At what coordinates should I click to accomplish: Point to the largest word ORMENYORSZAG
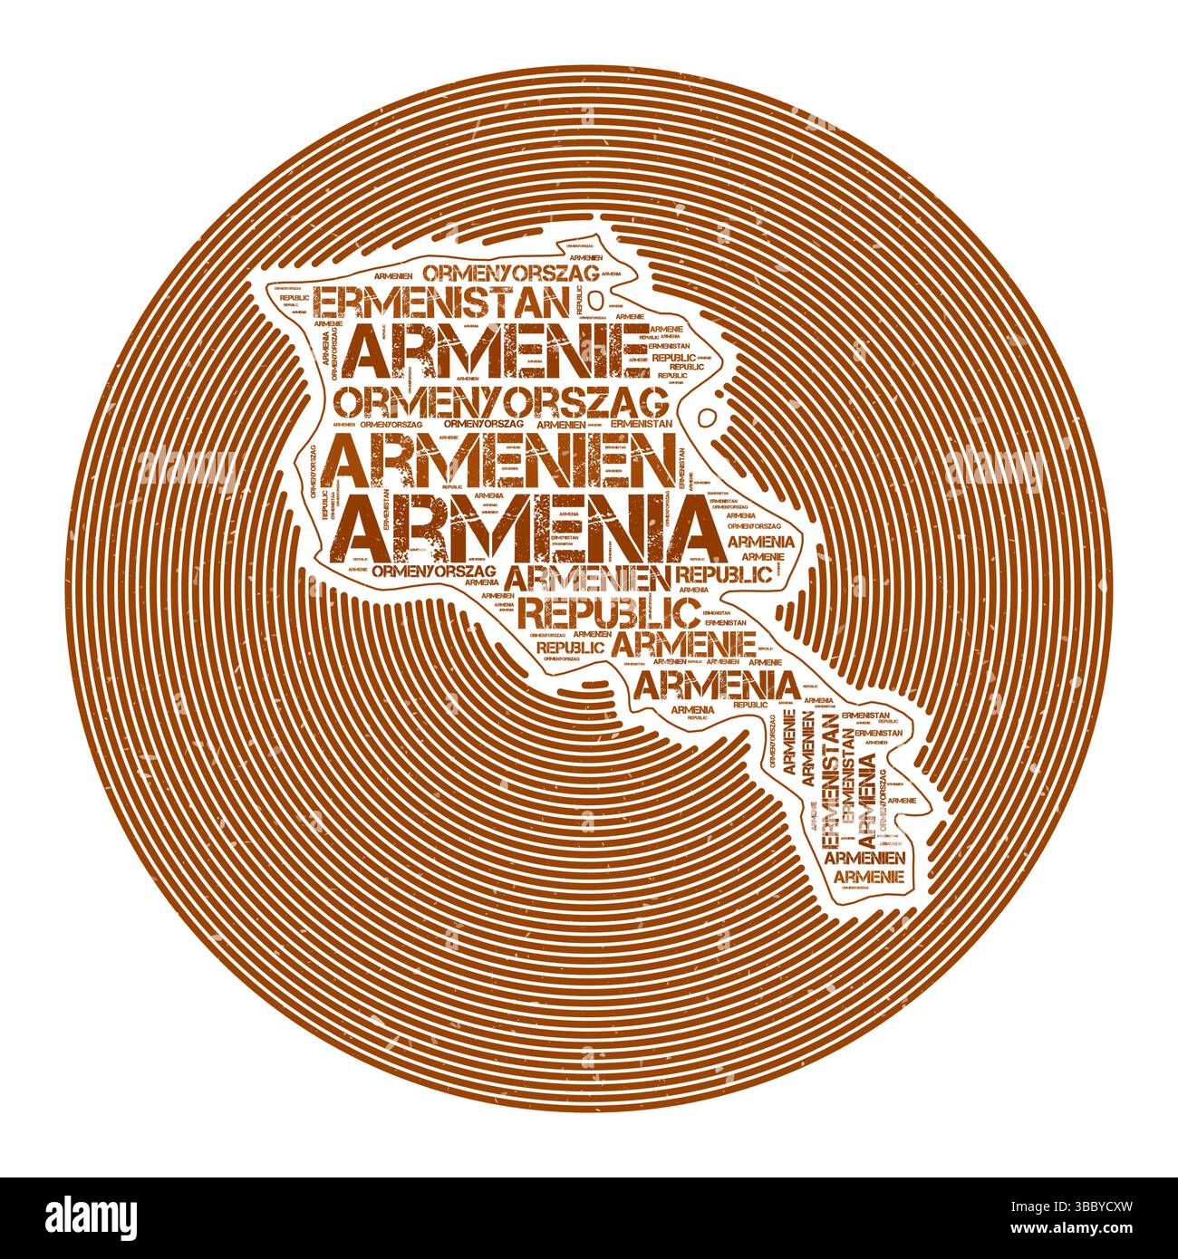500,399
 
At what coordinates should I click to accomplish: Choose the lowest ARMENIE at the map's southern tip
868,877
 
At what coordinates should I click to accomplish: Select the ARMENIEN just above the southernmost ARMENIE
866,856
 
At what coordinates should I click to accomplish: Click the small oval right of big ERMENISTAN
595,299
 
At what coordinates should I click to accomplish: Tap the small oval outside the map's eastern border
710,418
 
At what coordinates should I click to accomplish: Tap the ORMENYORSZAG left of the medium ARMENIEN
434,571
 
